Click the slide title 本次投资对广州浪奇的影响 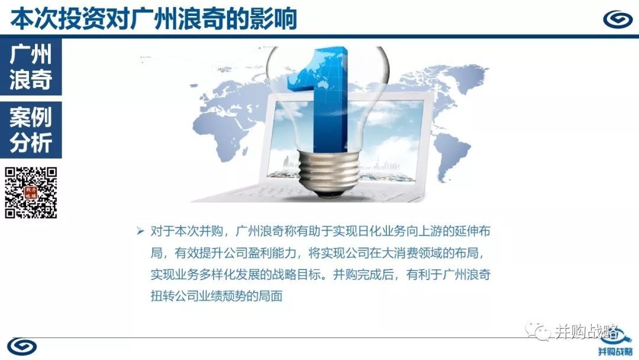point(153,19)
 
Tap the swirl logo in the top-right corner point(617,19)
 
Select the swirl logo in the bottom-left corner point(22,347)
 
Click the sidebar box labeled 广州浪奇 point(31,67)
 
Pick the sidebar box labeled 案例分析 point(31,130)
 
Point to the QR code point(31,192)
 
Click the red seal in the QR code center point(31,192)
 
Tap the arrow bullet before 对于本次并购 point(141,231)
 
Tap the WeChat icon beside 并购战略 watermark point(538,330)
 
